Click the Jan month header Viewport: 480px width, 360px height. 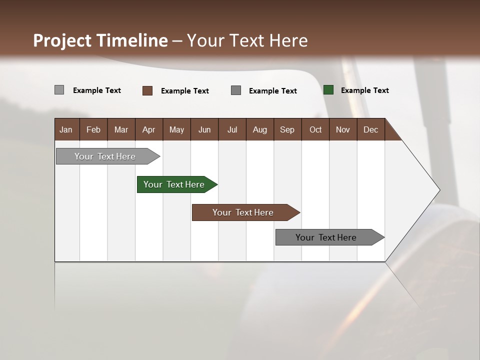[x=66, y=129]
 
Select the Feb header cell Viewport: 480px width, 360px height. [x=93, y=129]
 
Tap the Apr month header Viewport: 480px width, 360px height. [x=149, y=129]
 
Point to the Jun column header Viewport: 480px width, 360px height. [x=204, y=129]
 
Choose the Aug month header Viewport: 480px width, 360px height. [x=260, y=129]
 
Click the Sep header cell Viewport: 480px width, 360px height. [x=287, y=129]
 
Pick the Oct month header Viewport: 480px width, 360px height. [x=315, y=129]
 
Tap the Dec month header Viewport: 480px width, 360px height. [x=371, y=129]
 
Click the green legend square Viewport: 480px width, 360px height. [x=328, y=90]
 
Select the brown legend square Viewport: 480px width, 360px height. [x=147, y=90]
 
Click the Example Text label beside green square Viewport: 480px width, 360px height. [x=364, y=90]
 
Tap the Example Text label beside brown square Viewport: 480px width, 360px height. [x=184, y=91]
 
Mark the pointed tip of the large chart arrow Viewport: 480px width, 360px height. [x=439, y=189]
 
